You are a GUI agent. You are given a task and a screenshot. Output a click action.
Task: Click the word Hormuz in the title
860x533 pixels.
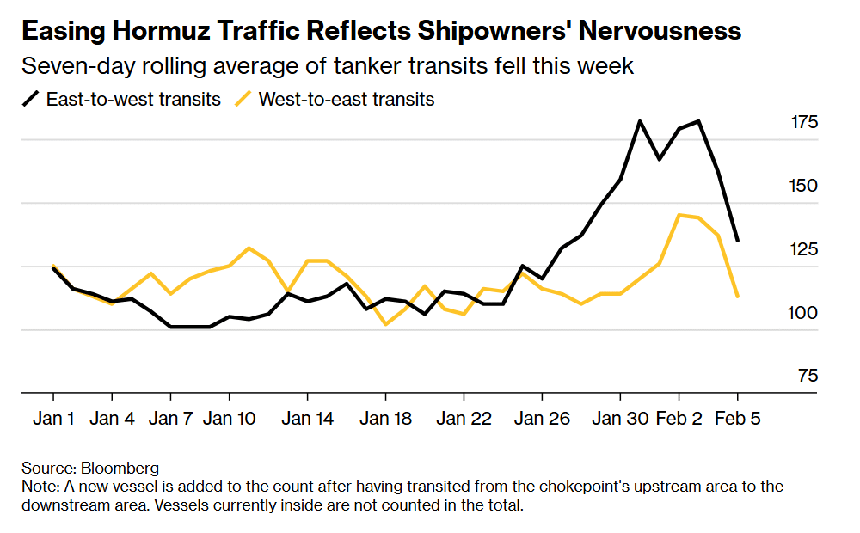click(159, 32)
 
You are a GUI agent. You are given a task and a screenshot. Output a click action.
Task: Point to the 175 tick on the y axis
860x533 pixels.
click(804, 123)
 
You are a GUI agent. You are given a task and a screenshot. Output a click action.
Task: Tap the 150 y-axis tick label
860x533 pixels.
click(804, 187)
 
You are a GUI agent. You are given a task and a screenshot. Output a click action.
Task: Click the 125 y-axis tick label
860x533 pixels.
click(804, 250)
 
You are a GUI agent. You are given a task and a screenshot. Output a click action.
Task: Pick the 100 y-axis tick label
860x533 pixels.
click(804, 314)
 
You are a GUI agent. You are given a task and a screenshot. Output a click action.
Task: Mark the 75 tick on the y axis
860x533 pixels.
click(807, 377)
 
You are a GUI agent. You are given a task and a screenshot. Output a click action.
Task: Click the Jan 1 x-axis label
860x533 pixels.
click(53, 420)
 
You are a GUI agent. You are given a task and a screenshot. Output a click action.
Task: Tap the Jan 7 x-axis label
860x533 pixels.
click(171, 420)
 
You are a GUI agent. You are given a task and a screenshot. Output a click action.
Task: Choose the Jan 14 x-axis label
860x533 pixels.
click(307, 420)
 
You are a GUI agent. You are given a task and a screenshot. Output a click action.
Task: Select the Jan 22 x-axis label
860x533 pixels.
click(464, 420)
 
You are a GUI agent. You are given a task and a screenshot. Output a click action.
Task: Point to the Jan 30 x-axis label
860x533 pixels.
click(619, 420)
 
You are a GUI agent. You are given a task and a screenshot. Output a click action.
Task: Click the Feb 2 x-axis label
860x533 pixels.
click(679, 420)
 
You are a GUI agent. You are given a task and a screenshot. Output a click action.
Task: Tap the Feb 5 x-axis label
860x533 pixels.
click(737, 420)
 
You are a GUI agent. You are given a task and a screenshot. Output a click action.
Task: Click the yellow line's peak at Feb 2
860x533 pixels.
click(679, 215)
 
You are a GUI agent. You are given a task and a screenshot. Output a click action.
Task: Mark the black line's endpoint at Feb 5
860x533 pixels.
click(738, 241)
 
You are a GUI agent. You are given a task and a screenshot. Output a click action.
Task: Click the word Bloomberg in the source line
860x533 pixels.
click(120, 469)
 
